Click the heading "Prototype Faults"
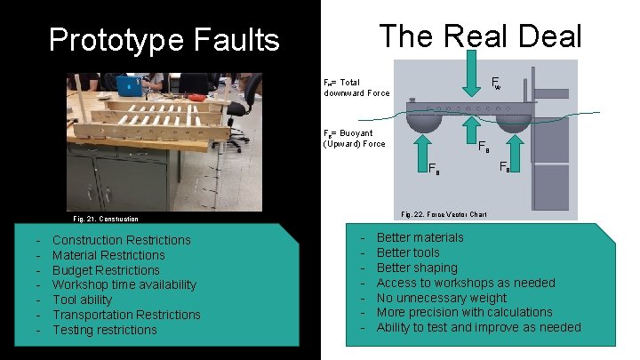click(x=164, y=40)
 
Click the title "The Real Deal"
click(x=480, y=36)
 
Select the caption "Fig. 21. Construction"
click(x=106, y=219)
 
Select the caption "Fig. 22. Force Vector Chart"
click(x=444, y=214)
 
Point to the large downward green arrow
click(x=470, y=75)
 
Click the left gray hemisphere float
click(x=420, y=116)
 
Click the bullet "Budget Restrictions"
click(x=106, y=270)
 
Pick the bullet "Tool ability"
click(x=82, y=300)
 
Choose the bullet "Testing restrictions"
click(x=104, y=330)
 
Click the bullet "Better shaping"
click(x=417, y=268)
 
